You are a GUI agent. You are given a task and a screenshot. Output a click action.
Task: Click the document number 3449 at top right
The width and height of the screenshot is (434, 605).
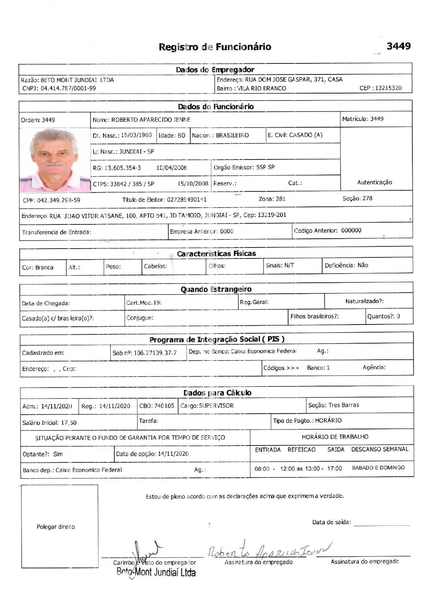click(398, 46)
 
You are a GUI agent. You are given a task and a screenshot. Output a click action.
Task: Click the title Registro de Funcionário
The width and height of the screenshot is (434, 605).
click(215, 47)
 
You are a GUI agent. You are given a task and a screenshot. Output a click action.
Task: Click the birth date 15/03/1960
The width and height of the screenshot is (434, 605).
click(136, 135)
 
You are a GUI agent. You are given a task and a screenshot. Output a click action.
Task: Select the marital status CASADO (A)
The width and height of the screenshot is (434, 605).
click(306, 135)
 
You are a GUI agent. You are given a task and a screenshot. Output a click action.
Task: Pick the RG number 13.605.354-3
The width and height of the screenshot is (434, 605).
click(122, 168)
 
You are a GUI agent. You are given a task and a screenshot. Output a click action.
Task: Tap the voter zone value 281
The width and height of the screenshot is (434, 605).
click(280, 199)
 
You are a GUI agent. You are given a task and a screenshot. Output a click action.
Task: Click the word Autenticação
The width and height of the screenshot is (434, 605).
click(375, 182)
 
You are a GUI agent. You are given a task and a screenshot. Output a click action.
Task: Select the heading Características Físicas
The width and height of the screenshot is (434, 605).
click(216, 254)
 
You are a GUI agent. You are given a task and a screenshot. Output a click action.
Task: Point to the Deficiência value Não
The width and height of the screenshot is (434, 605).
click(363, 265)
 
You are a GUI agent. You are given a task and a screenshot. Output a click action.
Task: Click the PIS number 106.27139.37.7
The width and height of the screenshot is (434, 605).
click(155, 353)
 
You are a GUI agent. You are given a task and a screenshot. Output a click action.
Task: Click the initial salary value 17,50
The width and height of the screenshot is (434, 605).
click(69, 423)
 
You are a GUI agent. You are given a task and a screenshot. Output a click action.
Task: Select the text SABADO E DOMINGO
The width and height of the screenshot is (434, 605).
click(378, 468)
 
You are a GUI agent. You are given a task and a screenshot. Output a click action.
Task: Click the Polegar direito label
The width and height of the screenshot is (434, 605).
click(56, 527)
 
